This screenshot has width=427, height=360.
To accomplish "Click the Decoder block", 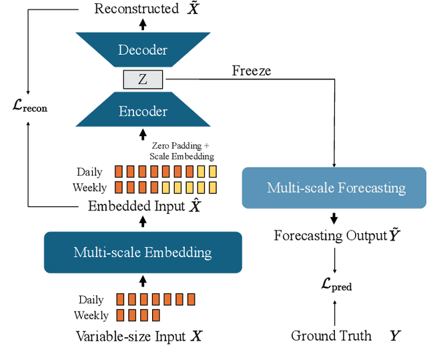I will click(142, 49).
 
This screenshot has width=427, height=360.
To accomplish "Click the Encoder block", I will click(142, 111).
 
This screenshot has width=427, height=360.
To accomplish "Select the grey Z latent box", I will click(142, 80).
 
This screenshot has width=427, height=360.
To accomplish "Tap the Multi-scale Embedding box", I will click(142, 252).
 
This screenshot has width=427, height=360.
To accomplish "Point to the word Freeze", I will click(252, 70).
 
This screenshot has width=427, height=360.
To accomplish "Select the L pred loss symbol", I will click(336, 286).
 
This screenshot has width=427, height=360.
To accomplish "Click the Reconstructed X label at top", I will click(146, 9).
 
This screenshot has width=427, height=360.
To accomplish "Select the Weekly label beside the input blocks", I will click(91, 315).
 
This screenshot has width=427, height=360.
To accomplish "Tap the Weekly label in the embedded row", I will click(89, 188).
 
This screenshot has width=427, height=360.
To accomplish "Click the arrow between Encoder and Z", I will click(142, 94).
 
